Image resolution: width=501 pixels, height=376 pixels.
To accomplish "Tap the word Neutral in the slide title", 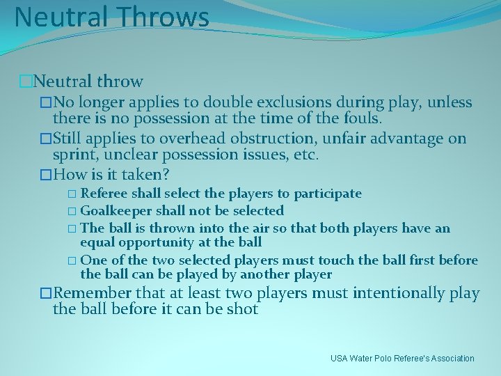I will click(60, 17).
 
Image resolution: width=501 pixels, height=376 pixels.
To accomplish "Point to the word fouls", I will click(358, 119).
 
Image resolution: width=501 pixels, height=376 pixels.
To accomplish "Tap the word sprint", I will click(74, 155).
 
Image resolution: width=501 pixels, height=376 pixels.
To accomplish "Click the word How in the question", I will click(70, 174).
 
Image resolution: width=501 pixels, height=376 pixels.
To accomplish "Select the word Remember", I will click(92, 293).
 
